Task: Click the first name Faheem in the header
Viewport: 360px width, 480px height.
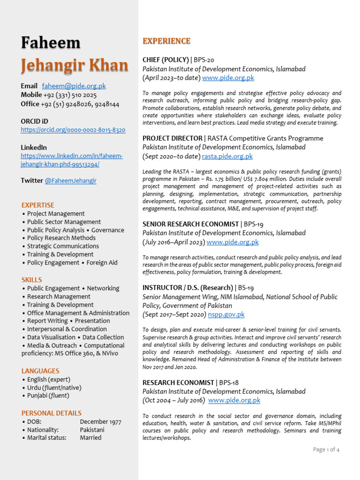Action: [x=51, y=43]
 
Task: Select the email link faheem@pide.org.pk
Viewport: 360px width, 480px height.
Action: [x=74, y=86]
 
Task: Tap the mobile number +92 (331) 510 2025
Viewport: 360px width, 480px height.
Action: [x=70, y=95]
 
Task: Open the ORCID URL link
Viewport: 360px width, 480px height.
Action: [x=73, y=130]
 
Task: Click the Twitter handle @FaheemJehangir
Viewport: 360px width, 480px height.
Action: [x=70, y=180]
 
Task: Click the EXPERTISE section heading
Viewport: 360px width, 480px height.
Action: [x=38, y=205]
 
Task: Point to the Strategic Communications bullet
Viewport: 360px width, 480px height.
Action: [x=62, y=246]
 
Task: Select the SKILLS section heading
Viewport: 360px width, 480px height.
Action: [x=31, y=280]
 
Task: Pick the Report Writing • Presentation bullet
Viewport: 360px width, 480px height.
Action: [x=68, y=321]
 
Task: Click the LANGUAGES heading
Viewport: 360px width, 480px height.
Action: [x=40, y=371]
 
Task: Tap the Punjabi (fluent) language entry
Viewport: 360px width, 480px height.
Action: [x=48, y=396]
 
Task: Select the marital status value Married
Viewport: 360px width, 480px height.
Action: [x=90, y=438]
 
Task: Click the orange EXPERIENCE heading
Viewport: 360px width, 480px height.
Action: [x=166, y=41]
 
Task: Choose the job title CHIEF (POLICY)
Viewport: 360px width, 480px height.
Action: [x=165, y=60]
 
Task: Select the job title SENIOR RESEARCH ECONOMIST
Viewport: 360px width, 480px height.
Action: [x=190, y=225]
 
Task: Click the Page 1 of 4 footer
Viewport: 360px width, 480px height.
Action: [x=326, y=450]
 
